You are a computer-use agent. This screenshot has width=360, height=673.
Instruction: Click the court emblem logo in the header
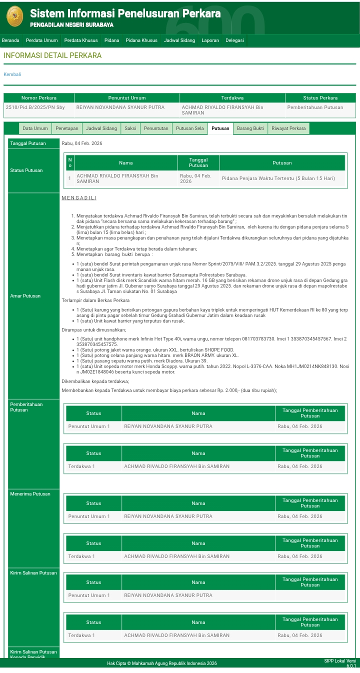[x=14, y=16]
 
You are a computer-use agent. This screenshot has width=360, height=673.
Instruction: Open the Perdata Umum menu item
[x=41, y=40]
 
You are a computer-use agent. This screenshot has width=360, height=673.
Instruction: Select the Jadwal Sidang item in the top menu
[x=179, y=40]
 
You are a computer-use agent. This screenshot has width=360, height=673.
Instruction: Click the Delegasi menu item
[x=234, y=40]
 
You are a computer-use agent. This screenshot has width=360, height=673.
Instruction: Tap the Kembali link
[x=12, y=74]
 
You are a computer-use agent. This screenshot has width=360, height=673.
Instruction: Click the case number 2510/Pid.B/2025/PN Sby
[x=35, y=107]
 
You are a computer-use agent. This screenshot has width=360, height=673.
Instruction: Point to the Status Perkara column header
[x=320, y=98]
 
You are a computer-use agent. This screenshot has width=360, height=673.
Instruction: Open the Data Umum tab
[x=35, y=128]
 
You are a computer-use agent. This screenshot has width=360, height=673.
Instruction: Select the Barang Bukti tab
[x=250, y=128]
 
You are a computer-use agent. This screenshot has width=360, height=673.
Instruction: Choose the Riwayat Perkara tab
[x=288, y=128]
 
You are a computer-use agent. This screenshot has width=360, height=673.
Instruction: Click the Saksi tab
[x=130, y=128]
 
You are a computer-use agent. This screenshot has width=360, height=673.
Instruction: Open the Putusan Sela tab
[x=189, y=128]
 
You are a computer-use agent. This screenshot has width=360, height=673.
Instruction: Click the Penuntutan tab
[x=156, y=128]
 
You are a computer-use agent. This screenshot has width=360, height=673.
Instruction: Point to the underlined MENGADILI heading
[x=79, y=198]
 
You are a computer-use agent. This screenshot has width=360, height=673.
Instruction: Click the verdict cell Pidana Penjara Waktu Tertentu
[x=278, y=178]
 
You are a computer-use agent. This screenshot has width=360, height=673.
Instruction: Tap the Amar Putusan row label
[x=25, y=296]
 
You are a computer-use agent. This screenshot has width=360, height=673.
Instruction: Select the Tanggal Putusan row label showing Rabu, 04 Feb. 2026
[x=27, y=143]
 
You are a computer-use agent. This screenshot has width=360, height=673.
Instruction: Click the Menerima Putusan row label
[x=30, y=494]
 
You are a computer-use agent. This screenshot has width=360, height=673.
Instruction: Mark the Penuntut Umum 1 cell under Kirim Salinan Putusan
[x=89, y=595]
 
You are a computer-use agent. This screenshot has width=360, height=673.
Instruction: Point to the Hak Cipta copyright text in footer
[x=161, y=663]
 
